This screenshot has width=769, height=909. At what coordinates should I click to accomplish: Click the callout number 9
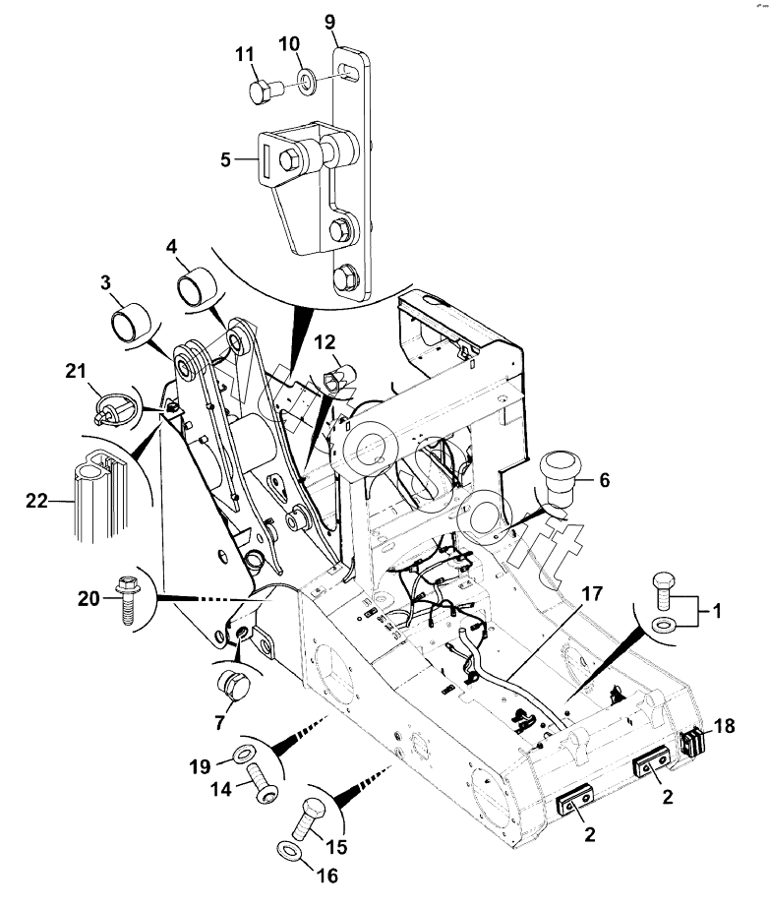pyautogui.click(x=329, y=22)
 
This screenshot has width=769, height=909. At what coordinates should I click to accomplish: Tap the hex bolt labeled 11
pyautogui.click(x=266, y=91)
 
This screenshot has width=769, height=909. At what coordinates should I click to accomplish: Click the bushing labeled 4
pyautogui.click(x=198, y=287)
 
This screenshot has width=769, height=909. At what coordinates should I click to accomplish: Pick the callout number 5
pyautogui.click(x=226, y=159)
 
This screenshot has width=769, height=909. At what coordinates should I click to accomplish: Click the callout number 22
pyautogui.click(x=36, y=500)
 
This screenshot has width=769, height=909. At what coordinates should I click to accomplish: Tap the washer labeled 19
pyautogui.click(x=244, y=755)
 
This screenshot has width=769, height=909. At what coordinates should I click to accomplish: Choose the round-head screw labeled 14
pyautogui.click(x=264, y=784)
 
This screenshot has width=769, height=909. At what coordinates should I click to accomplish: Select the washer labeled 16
pyautogui.click(x=288, y=850)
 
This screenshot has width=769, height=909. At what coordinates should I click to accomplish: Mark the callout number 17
pyautogui.click(x=592, y=593)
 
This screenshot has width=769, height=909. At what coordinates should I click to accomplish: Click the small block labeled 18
pyautogui.click(x=692, y=743)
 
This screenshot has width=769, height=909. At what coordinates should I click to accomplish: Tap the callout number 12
pyautogui.click(x=325, y=342)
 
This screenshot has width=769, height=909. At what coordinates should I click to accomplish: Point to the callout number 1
pyautogui.click(x=717, y=611)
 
